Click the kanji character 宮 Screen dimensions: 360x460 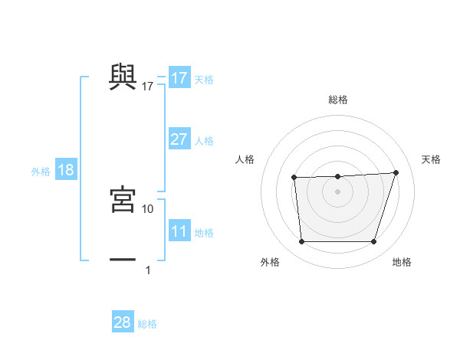pyautogui.click(x=123, y=198)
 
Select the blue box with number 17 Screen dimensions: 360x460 pyautogui.click(x=179, y=78)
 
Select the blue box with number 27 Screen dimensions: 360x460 pyautogui.click(x=179, y=139)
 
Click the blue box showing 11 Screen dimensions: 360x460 pyautogui.click(x=179, y=231)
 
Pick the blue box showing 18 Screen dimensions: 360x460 pyautogui.click(x=66, y=170)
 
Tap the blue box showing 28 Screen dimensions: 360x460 pyautogui.click(x=123, y=322)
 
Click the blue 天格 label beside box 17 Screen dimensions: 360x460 pyautogui.click(x=204, y=80)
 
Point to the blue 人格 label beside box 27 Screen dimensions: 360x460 pyautogui.click(x=204, y=141)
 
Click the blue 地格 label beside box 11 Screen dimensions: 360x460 pyautogui.click(x=204, y=233)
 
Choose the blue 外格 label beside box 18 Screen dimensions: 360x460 pyautogui.click(x=41, y=172)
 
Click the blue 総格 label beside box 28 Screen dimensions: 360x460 pyautogui.click(x=147, y=324)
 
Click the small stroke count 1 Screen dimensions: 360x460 pyautogui.click(x=148, y=270)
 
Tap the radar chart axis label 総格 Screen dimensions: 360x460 pyautogui.click(x=338, y=100)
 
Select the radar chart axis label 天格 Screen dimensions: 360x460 pyautogui.click(x=432, y=159)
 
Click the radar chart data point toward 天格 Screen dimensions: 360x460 pyautogui.click(x=396, y=172)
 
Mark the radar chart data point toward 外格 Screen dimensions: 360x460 pyautogui.click(x=302, y=242)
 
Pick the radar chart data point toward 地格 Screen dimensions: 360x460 pyautogui.click(x=373, y=242)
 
